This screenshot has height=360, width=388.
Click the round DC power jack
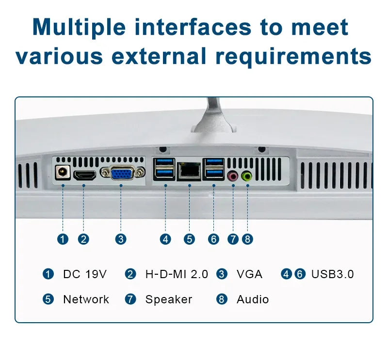click(x=62, y=172)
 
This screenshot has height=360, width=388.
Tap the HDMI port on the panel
click(x=84, y=175)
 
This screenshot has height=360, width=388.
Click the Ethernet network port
click(x=189, y=170)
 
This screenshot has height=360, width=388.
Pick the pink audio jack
click(x=233, y=176)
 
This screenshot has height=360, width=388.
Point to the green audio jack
click(x=247, y=176)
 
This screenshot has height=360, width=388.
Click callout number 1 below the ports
click(x=63, y=239)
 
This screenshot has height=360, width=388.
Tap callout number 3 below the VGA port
click(x=121, y=239)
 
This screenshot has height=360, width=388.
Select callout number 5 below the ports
click(x=189, y=239)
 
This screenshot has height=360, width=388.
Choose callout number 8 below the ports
click(x=247, y=239)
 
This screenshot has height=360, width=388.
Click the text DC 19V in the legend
click(x=84, y=274)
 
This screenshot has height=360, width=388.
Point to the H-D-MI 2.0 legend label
click(x=177, y=274)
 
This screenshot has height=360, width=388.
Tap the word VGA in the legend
click(x=249, y=274)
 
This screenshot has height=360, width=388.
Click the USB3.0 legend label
click(x=332, y=274)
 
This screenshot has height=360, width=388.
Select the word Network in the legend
click(x=86, y=299)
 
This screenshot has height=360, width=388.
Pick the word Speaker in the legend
click(x=168, y=299)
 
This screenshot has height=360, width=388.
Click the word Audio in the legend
click(x=252, y=299)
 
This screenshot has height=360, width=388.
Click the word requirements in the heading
click(x=293, y=56)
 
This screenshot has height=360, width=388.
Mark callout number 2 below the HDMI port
click(x=84, y=239)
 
